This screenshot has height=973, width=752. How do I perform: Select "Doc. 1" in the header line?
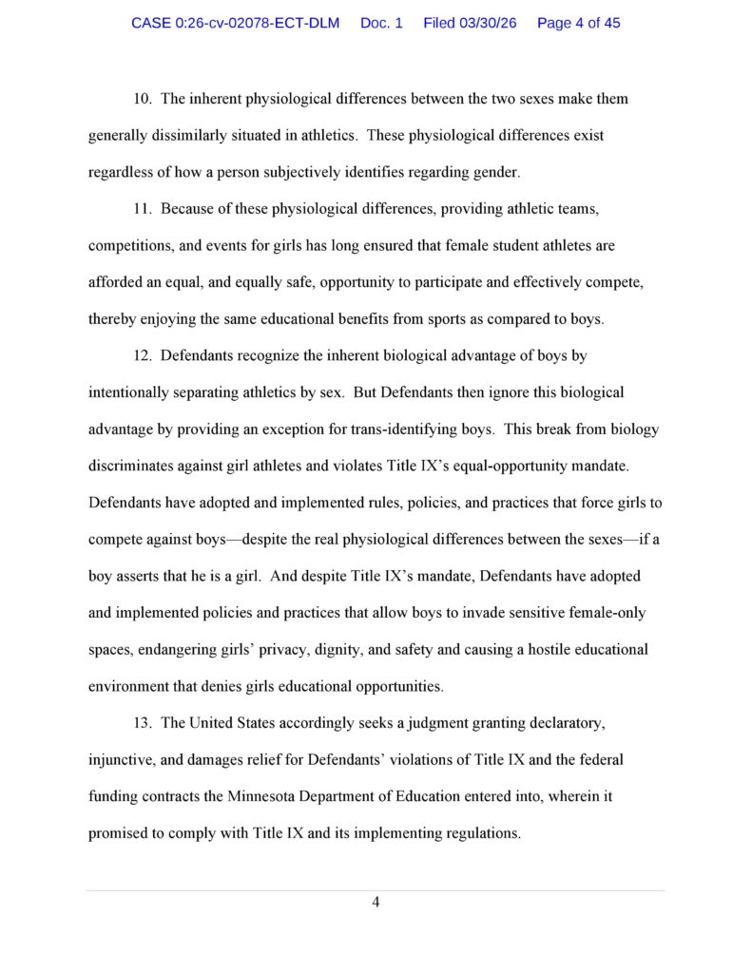381,23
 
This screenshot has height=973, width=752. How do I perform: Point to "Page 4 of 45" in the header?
578,23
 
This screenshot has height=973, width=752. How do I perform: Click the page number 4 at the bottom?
376,902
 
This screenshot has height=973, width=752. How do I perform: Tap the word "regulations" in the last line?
481,833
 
